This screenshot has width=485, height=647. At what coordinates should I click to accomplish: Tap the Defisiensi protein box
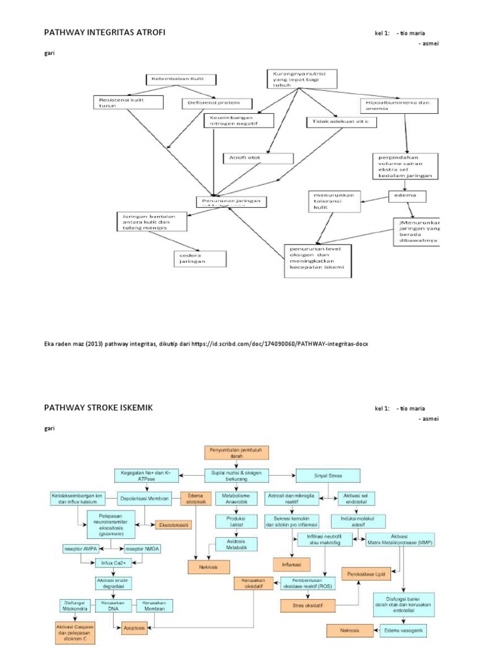pyautogui.click(x=218, y=103)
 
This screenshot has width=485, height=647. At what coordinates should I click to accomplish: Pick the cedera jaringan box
pyautogui.click(x=199, y=258)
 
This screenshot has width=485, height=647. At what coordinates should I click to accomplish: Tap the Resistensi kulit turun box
pyautogui.click(x=128, y=103)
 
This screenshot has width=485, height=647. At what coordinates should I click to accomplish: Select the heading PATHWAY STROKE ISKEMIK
pyautogui.click(x=97, y=408)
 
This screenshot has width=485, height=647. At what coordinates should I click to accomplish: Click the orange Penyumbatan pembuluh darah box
pyautogui.click(x=236, y=452)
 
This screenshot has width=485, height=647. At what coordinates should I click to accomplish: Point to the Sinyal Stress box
pyautogui.click(x=328, y=475)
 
